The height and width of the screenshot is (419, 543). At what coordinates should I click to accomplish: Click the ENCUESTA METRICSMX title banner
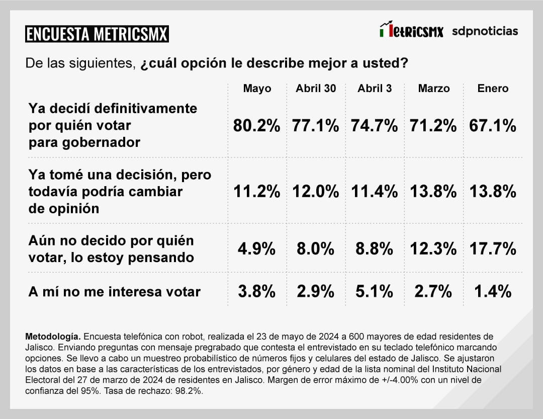97,34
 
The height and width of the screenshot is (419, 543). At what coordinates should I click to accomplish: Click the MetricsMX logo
412,30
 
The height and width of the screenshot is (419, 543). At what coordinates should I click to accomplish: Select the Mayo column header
257,89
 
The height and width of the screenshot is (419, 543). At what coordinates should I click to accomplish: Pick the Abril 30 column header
316,89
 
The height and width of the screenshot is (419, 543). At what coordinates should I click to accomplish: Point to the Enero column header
493,89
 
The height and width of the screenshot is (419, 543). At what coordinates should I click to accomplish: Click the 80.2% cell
256,126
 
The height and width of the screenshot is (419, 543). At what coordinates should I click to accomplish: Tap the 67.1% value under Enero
493,126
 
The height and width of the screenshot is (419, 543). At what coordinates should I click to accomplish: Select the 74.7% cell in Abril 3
375,126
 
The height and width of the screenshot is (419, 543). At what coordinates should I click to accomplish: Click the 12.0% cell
316,192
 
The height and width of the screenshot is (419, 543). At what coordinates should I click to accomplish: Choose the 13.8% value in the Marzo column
433,192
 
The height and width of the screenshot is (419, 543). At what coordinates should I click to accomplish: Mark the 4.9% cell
256,248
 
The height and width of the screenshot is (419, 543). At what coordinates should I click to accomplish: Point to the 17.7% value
493,248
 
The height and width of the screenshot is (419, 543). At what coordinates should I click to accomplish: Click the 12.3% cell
433,248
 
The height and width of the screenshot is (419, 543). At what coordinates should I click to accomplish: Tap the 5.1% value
375,291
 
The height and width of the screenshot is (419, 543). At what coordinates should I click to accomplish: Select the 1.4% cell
493,291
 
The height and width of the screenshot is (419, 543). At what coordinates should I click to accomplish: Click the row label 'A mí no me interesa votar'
115,291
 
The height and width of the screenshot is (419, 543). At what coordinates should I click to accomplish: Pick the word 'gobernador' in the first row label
84,142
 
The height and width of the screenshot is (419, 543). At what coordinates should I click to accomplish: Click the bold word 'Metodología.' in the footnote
52,336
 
